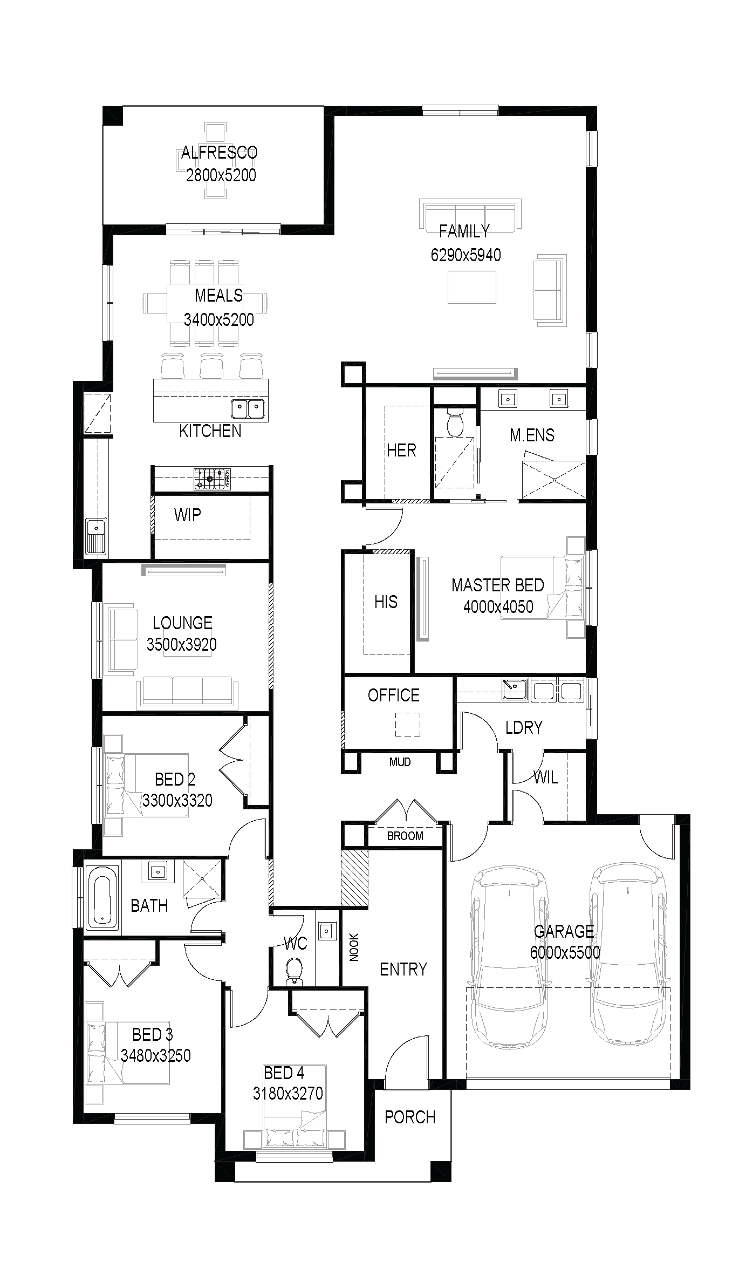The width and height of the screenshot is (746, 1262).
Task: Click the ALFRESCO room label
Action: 219,153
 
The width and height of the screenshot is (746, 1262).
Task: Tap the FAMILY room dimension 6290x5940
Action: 466,255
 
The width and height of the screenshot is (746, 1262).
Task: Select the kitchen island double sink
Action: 248,408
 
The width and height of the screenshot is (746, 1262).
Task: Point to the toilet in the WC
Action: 294,968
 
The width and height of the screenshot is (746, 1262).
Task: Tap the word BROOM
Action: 405,836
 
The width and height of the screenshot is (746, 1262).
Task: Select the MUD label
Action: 400,762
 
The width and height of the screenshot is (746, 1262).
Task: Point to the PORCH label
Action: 410,1116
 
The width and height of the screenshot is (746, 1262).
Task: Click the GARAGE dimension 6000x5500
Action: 565,952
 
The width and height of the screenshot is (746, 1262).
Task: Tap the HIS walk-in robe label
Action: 386,602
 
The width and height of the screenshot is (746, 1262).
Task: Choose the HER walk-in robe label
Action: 401,450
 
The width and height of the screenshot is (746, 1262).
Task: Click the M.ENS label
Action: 532,435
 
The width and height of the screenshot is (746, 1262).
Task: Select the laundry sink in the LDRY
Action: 515,690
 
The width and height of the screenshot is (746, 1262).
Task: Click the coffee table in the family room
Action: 472,287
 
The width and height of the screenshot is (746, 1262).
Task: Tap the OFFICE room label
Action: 393,695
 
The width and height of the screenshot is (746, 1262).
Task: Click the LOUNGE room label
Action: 182,623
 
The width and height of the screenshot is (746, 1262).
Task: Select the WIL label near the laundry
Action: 545,777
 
